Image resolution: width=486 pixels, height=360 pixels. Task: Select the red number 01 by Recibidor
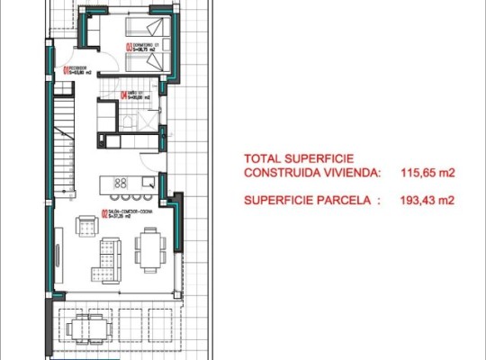(65, 72)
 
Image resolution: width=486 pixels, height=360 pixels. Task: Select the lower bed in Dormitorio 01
(147, 60)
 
